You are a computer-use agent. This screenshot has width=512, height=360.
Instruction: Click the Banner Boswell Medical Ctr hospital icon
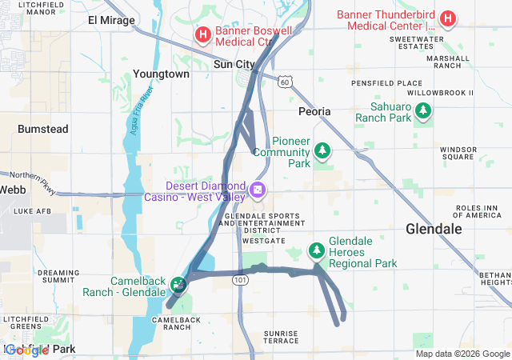pyautogui.click(x=203, y=35)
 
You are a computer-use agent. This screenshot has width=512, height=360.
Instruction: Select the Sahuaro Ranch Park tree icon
pyautogui.click(x=422, y=112)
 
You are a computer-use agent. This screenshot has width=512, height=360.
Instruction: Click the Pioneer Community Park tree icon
pyautogui.click(x=322, y=150)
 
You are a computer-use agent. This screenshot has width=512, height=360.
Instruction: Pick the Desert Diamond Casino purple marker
pyautogui.click(x=258, y=190)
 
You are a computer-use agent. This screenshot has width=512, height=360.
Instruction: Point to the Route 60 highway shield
pyautogui.click(x=286, y=81)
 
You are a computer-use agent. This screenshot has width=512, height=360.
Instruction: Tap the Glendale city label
pyautogui.click(x=434, y=229)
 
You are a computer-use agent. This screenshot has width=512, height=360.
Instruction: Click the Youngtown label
pyautogui.click(x=162, y=74)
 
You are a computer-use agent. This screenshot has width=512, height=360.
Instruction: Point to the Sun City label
pyautogui.click(x=234, y=64)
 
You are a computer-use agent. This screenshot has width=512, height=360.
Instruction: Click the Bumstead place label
pyautogui.click(x=43, y=128)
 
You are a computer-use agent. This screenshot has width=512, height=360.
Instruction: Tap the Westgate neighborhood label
pyautogui.click(x=263, y=239)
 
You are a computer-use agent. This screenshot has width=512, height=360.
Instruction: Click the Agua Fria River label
pyautogui.click(x=137, y=119)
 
